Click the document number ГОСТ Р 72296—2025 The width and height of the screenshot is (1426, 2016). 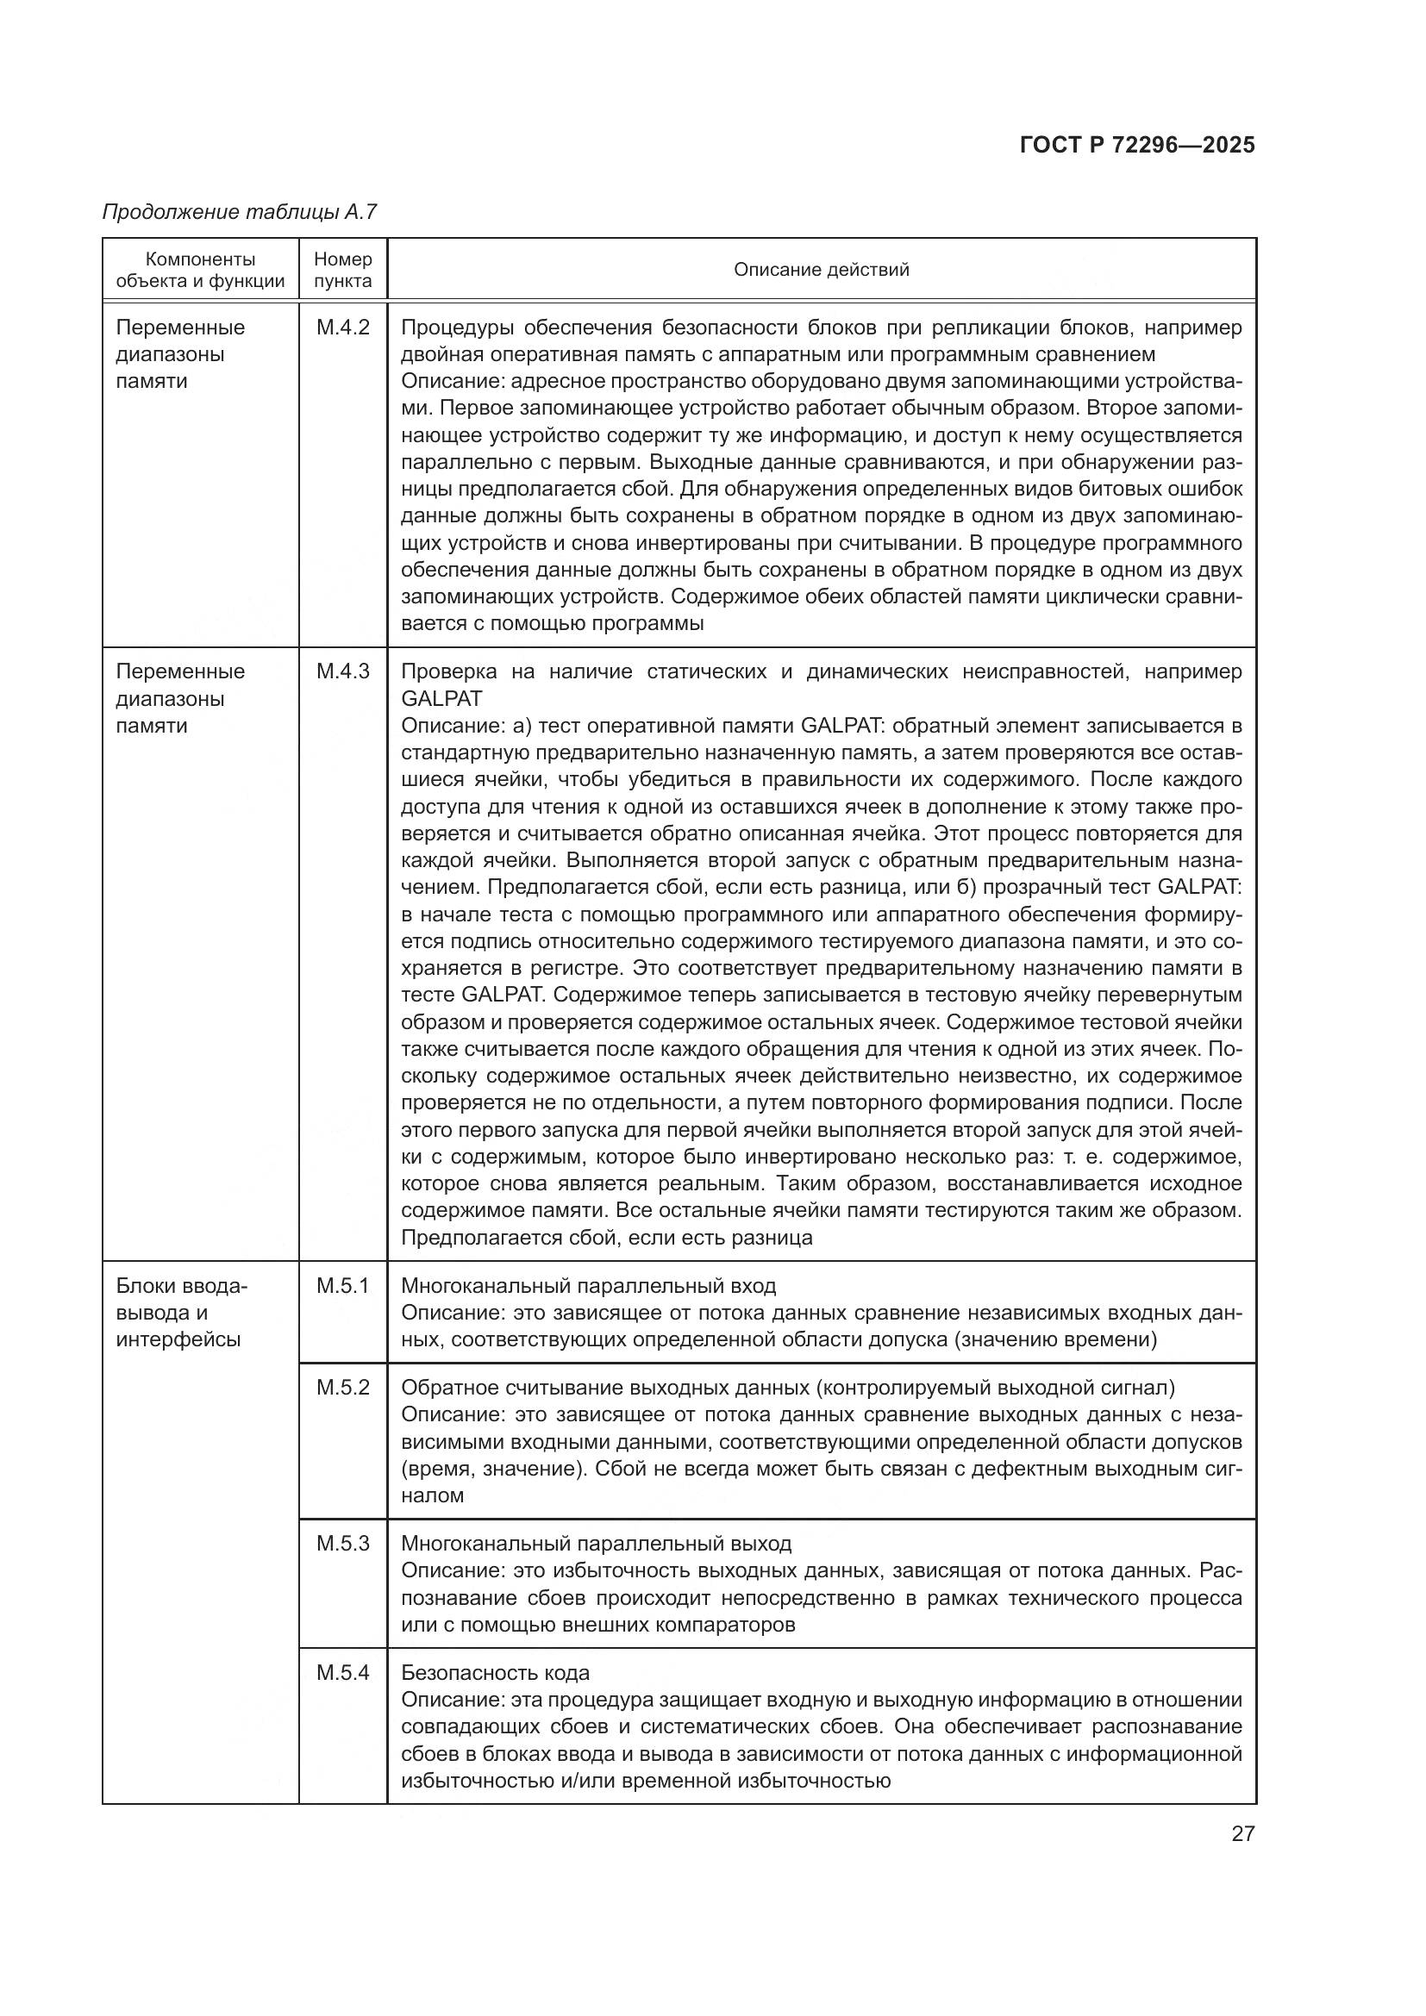[x=1137, y=145]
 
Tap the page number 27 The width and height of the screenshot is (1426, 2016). [x=1242, y=1833]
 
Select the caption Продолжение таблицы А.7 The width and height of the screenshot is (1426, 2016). [x=239, y=212]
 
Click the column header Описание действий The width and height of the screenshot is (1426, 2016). [x=821, y=270]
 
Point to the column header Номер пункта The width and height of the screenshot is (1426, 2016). [x=342, y=270]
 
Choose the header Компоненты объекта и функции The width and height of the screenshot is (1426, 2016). [x=200, y=270]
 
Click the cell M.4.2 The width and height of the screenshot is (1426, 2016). [x=342, y=328]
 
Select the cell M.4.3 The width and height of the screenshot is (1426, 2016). [x=342, y=671]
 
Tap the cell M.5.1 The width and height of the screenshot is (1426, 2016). [x=342, y=1285]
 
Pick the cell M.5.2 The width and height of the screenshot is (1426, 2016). [x=342, y=1388]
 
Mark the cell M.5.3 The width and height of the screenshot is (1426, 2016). [x=342, y=1543]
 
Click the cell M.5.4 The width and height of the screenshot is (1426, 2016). [x=342, y=1673]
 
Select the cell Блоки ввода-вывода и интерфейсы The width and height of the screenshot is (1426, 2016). [x=183, y=1313]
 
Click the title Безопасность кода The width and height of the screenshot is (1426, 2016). [x=495, y=1673]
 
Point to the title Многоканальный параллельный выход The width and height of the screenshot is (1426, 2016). [x=596, y=1543]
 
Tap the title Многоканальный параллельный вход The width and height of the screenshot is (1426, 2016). [x=588, y=1285]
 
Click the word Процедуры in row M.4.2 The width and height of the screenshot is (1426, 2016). [x=455, y=328]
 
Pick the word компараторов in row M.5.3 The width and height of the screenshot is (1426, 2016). [x=725, y=1625]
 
